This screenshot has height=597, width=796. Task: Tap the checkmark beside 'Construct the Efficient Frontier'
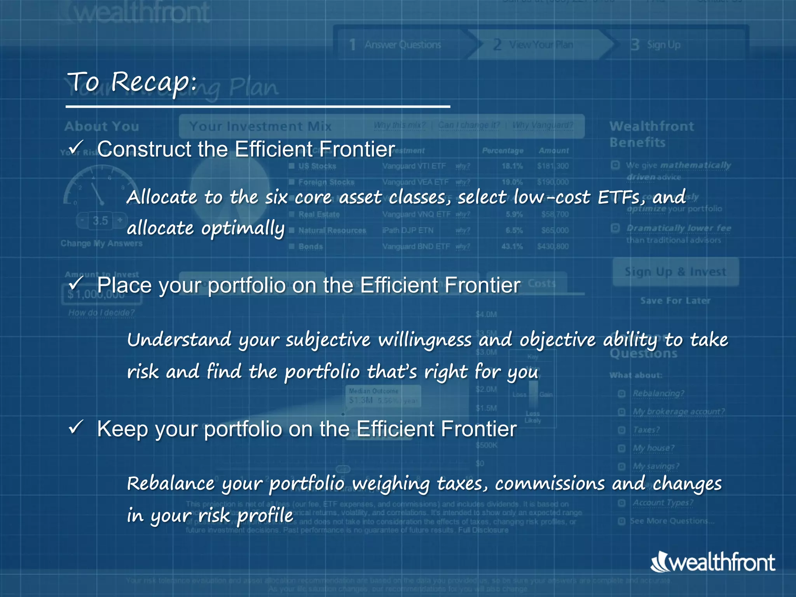[76, 148]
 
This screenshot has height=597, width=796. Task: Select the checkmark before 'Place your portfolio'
[76, 283]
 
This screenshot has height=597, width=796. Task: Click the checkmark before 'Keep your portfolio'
[76, 427]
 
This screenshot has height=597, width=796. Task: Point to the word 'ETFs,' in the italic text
[621, 197]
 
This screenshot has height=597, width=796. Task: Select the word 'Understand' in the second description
[179, 340]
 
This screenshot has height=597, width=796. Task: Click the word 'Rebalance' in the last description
[171, 484]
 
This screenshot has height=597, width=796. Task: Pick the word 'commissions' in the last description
[550, 484]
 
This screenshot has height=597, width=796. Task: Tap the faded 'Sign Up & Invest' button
[675, 272]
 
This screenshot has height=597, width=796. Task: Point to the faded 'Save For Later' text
[675, 300]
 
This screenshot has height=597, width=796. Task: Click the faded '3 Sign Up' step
[656, 45]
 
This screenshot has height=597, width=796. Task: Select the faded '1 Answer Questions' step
[395, 45]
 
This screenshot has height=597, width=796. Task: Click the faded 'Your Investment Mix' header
[260, 126]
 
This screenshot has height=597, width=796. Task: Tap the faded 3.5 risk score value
[100, 221]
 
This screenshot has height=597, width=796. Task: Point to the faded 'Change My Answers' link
[101, 243]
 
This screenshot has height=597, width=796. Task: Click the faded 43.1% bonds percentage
[512, 246]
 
